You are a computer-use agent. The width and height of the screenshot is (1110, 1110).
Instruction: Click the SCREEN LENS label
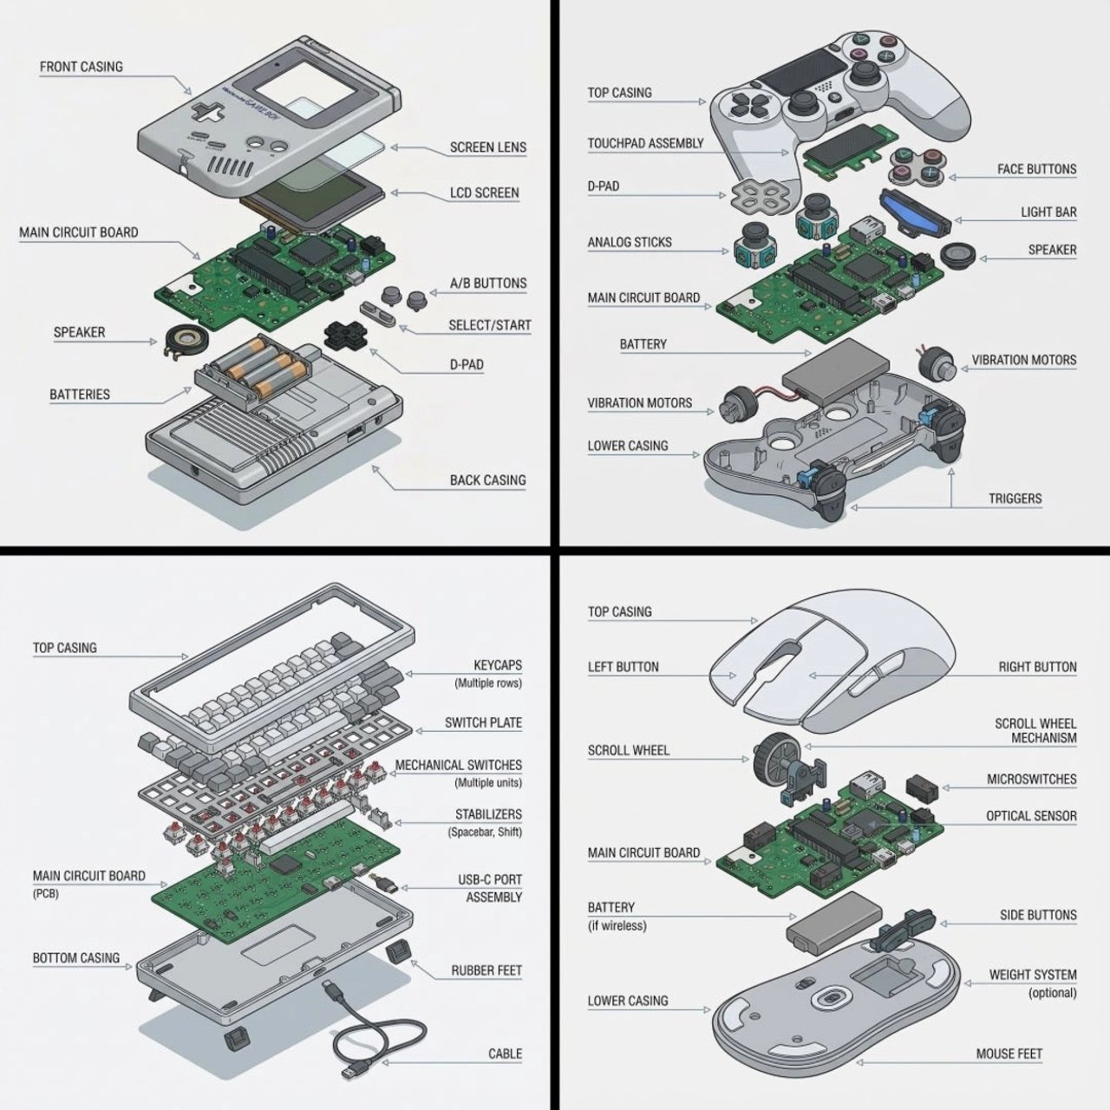pos(487,147)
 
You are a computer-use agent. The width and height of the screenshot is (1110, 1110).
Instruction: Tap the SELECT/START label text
pos(489,325)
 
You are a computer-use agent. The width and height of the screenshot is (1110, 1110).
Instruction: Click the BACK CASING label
pos(487,480)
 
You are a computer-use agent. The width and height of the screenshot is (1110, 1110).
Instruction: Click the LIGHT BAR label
pos(1048,212)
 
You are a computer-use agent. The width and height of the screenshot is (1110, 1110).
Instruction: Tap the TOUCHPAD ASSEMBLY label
pos(645,143)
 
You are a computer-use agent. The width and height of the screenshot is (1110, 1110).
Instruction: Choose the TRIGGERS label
pos(1015,499)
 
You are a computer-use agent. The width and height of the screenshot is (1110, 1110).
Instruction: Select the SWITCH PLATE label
pos(483,722)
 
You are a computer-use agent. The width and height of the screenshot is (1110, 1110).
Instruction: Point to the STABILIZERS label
pos(488,814)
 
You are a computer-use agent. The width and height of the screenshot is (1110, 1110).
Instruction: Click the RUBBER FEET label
pos(486,970)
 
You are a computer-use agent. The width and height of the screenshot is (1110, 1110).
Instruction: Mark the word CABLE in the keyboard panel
pos(505,1054)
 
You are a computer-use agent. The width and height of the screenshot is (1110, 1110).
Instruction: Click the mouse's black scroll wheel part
pos(769,753)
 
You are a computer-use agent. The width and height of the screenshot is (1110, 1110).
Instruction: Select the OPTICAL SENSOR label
pos(1030,816)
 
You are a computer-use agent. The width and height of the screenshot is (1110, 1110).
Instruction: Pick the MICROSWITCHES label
pos(1031,780)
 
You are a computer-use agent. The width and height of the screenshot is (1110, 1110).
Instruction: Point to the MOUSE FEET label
pos(1009,1054)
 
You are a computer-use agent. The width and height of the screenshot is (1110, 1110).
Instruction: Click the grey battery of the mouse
pos(832,923)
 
